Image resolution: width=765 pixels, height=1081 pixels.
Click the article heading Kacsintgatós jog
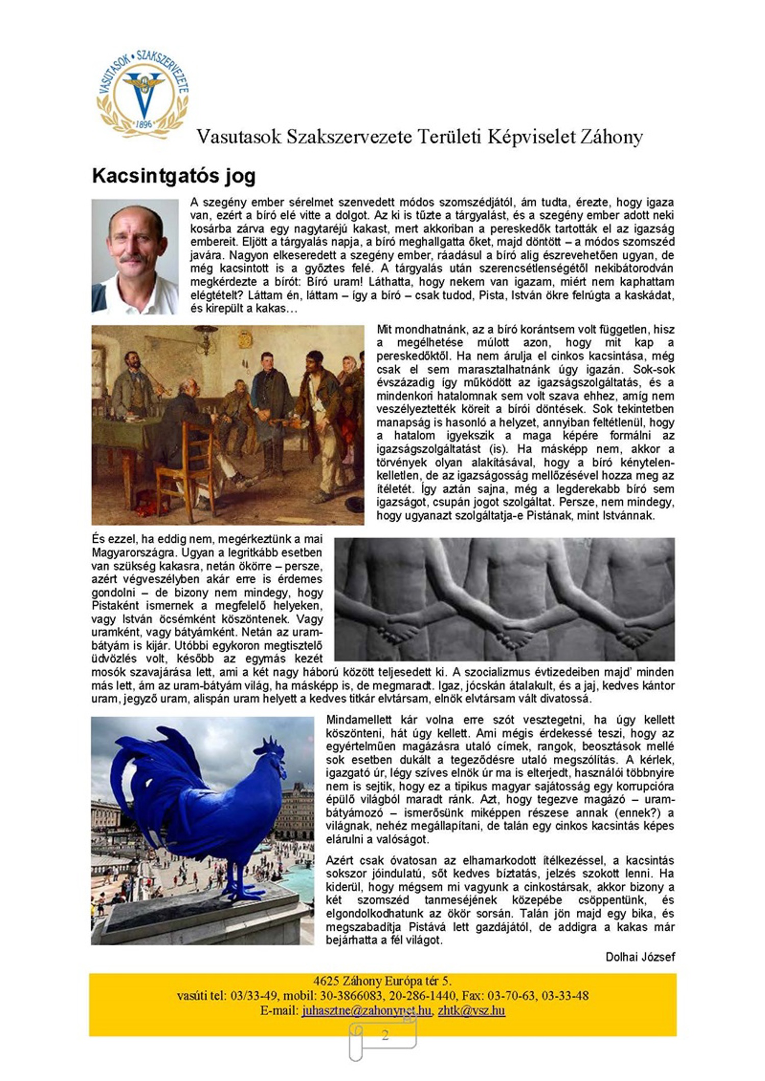pyautogui.click(x=173, y=176)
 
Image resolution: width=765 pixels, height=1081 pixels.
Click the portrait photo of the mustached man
pyautogui.click(x=135, y=256)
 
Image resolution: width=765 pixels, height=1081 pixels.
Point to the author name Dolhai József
pyautogui.click(x=640, y=957)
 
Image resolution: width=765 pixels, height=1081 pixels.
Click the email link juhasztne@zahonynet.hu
pyautogui.click(x=366, y=1011)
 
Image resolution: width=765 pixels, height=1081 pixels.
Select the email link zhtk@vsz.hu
pyautogui.click(x=471, y=1011)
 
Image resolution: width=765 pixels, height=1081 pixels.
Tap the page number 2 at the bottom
pyautogui.click(x=385, y=1035)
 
